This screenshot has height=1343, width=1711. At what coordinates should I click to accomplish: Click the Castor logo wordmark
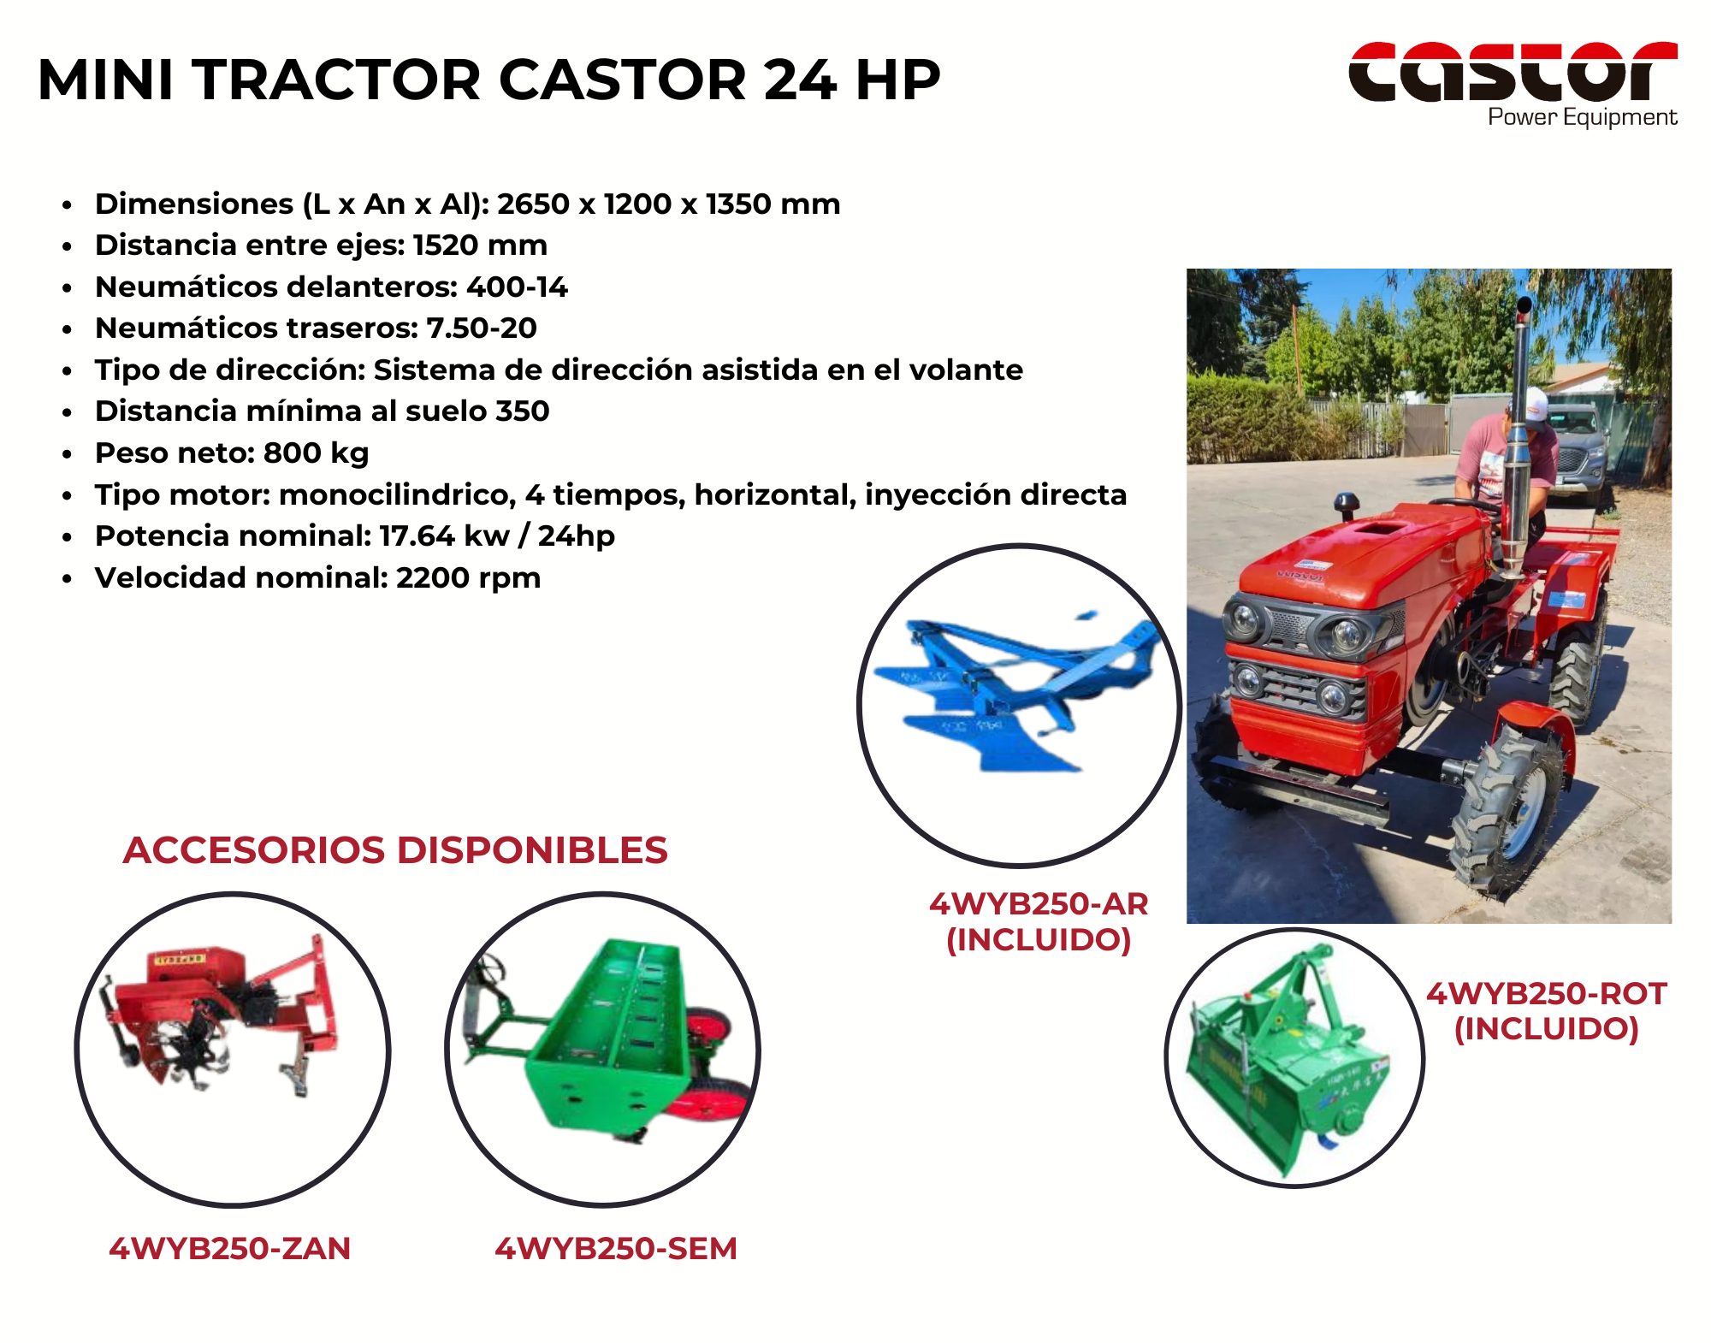tap(1513, 71)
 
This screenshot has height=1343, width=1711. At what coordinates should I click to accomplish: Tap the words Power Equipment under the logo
tap(1583, 117)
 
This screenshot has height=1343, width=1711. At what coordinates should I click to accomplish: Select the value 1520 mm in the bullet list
tap(480, 246)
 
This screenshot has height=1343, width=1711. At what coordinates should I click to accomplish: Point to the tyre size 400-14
tap(517, 287)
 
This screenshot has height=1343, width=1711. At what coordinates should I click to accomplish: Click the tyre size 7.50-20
tap(482, 328)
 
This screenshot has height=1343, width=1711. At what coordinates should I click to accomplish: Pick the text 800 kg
tap(316, 453)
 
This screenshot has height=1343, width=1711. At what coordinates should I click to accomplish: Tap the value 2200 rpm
tap(468, 578)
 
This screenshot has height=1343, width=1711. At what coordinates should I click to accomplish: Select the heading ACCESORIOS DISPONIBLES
tap(395, 850)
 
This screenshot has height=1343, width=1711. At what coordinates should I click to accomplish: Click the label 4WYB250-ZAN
tap(230, 1249)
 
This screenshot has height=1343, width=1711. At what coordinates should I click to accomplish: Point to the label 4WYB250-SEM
tap(616, 1249)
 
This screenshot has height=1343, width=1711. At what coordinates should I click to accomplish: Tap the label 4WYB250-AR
tap(1039, 903)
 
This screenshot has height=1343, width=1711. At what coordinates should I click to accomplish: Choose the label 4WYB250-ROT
tap(1547, 994)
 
